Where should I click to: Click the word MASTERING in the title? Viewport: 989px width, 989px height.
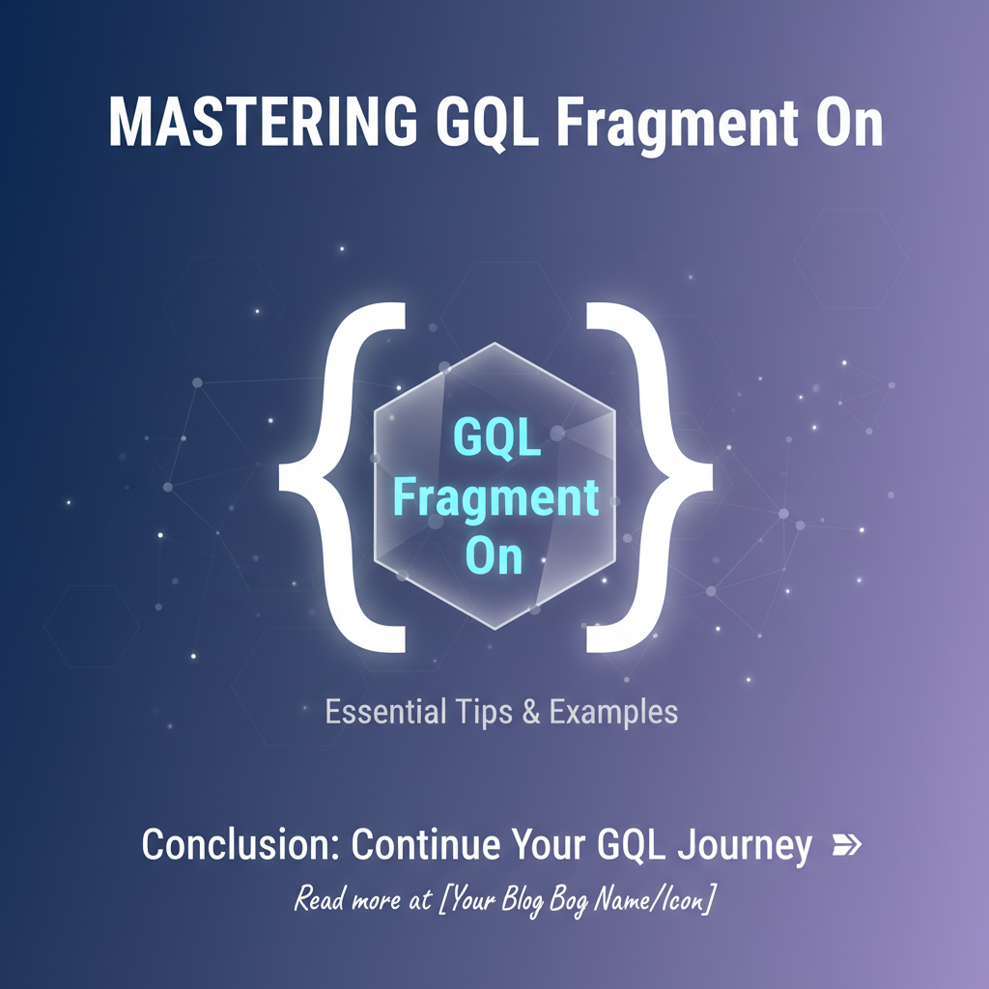[x=263, y=122]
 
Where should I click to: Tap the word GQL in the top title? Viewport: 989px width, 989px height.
[x=487, y=123]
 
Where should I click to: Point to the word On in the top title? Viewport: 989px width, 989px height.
[x=849, y=122]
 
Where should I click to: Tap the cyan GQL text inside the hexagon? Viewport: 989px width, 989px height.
[x=497, y=438]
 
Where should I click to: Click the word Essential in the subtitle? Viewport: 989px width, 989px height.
[x=385, y=712]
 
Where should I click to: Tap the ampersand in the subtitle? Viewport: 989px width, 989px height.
[x=531, y=712]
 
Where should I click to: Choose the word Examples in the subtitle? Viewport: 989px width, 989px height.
[x=613, y=713]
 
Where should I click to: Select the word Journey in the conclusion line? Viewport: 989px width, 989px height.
[x=745, y=846]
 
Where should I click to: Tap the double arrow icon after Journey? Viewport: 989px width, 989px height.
[x=847, y=844]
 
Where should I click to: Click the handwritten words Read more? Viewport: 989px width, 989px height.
[x=347, y=898]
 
